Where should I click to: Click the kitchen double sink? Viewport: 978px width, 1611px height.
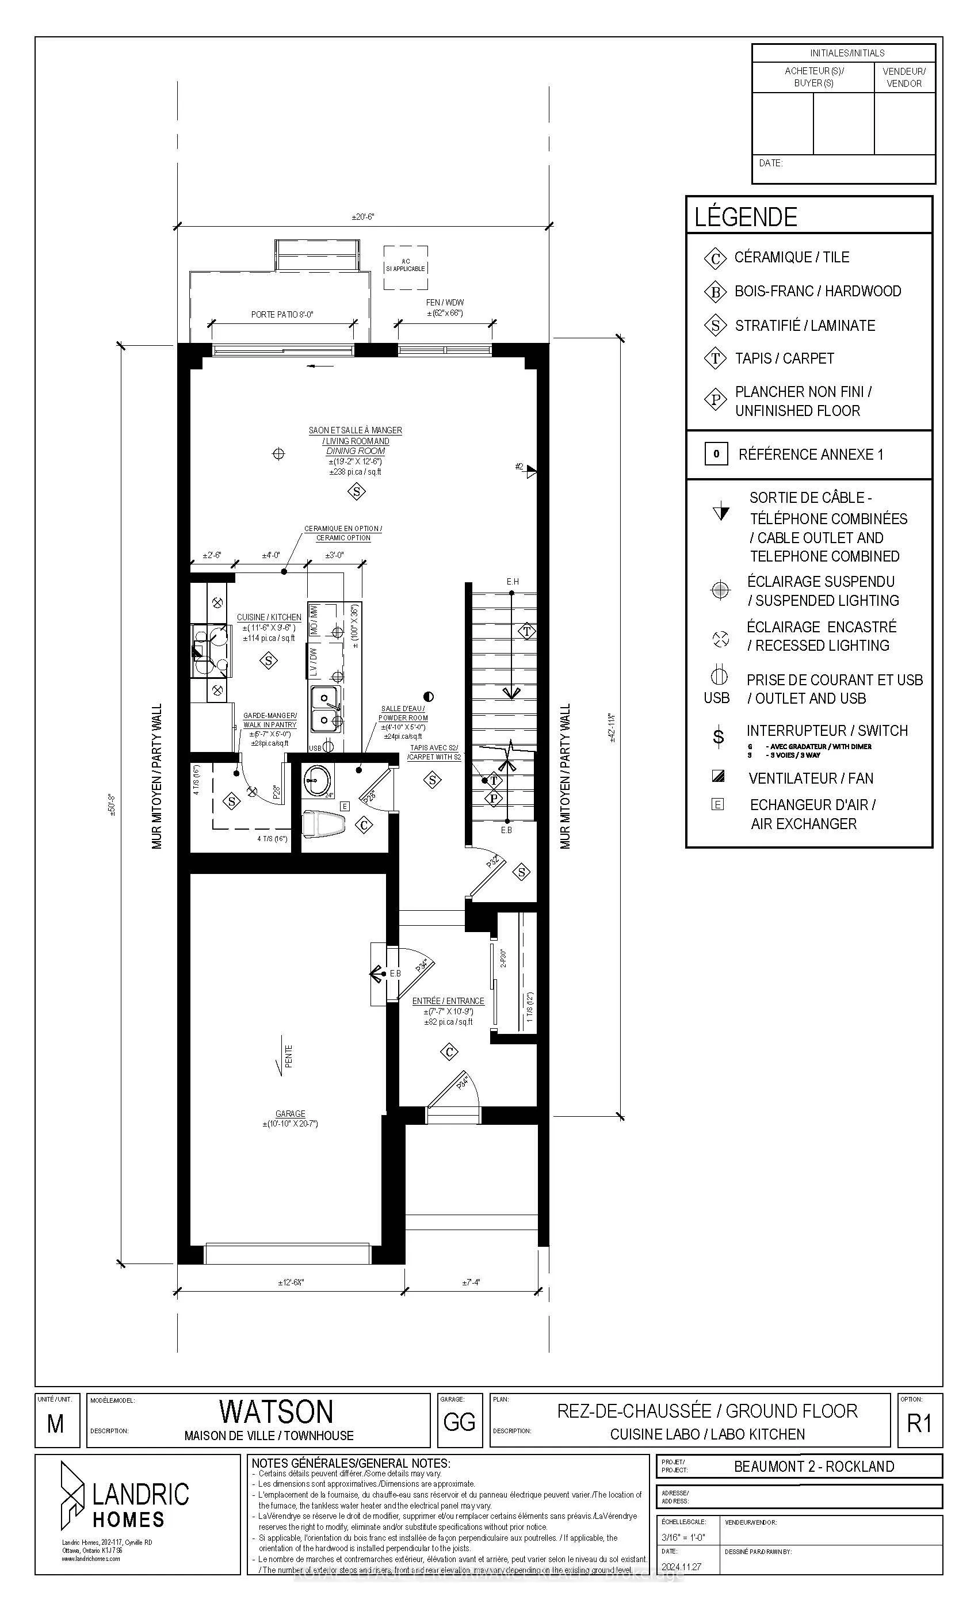click(x=324, y=709)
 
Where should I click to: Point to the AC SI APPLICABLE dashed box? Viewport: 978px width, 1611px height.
click(x=406, y=268)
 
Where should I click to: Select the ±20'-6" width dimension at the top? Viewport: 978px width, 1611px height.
click(x=363, y=217)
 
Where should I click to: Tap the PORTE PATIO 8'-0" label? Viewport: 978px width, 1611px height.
click(x=282, y=315)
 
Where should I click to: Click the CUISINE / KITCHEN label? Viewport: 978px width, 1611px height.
click(x=269, y=617)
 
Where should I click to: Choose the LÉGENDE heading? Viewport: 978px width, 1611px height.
click(x=746, y=217)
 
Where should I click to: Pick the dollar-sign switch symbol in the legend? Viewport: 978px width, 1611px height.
click(x=718, y=737)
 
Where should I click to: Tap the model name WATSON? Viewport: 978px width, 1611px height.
click(x=276, y=1411)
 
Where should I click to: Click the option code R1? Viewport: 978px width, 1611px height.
click(x=919, y=1423)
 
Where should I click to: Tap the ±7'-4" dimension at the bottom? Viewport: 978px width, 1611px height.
click(x=471, y=1283)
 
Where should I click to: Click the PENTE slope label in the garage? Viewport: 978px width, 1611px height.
click(x=288, y=1056)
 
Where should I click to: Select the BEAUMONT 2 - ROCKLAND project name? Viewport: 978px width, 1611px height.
click(x=814, y=1467)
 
